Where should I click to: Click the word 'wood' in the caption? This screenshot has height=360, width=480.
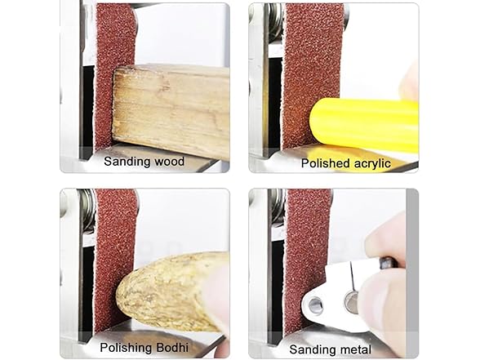click(167, 162)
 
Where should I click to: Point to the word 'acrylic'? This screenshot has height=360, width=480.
click(370, 163)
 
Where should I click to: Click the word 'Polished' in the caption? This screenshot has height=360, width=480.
click(326, 163)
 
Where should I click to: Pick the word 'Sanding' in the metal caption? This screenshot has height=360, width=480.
click(313, 349)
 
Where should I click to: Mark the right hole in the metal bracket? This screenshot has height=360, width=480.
click(350, 300)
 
